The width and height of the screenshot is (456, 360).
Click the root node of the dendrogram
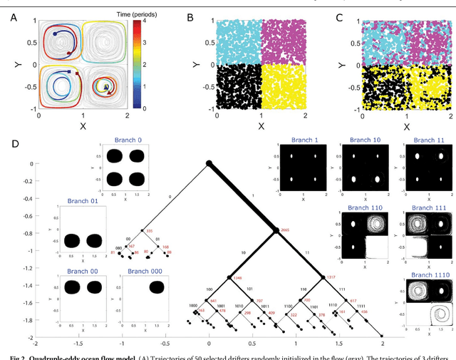point(209,164)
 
